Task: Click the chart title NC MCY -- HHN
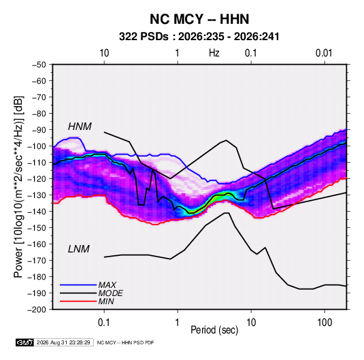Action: [199, 19]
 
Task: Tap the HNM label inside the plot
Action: [80, 127]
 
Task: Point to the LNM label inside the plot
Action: [79, 249]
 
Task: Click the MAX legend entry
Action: [107, 284]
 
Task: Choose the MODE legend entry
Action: [110, 293]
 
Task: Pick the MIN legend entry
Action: [106, 301]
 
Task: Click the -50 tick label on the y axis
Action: [39, 65]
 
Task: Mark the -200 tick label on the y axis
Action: [37, 310]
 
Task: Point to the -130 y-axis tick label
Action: [37, 195]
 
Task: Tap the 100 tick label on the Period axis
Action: [325, 323]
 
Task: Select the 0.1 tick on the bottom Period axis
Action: [104, 323]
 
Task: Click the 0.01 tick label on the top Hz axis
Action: [324, 53]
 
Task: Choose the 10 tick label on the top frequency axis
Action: [104, 53]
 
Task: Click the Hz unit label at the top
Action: [214, 53]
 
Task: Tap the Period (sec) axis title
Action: [214, 330]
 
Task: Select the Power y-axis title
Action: [18, 187]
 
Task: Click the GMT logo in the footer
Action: [24, 342]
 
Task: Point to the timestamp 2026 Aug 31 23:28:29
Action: [63, 342]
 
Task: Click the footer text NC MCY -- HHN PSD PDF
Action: [125, 342]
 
